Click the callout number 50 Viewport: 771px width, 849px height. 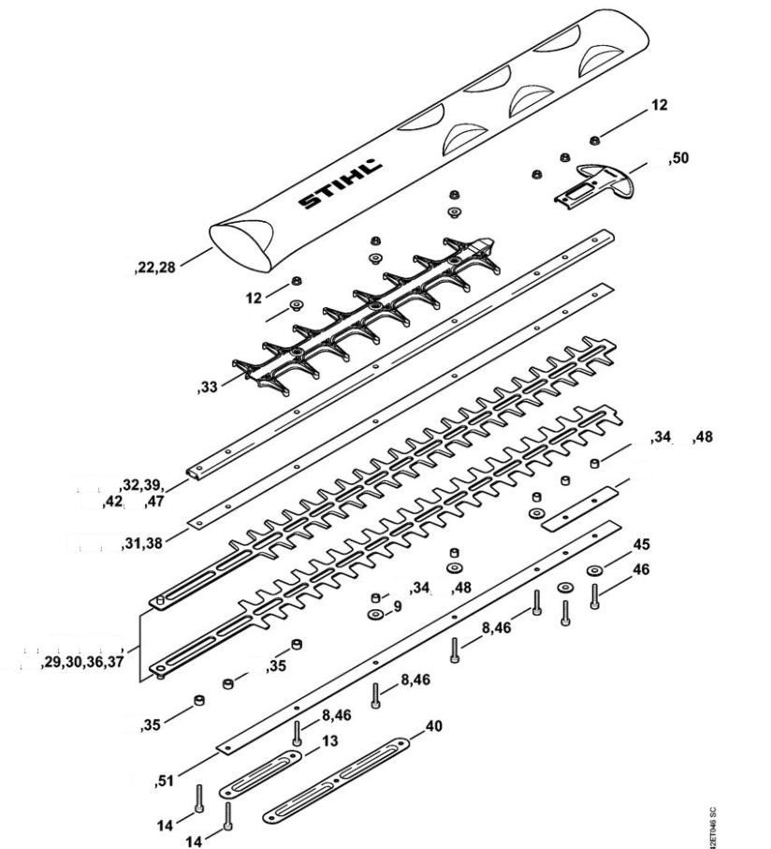[679, 160]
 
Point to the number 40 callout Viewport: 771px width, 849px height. [434, 725]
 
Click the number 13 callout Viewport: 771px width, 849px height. [328, 740]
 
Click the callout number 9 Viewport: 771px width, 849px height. [397, 606]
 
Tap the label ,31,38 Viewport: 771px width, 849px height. [143, 544]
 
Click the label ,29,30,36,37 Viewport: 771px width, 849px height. [82, 663]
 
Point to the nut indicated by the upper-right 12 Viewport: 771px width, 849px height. [594, 140]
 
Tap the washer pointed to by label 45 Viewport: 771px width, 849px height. [594, 570]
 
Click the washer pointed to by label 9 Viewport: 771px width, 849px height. [374, 614]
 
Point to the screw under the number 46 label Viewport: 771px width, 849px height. [595, 596]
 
